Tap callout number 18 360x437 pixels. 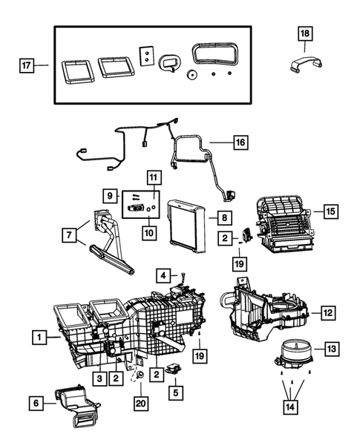point(306,33)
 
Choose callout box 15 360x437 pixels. point(331,211)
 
